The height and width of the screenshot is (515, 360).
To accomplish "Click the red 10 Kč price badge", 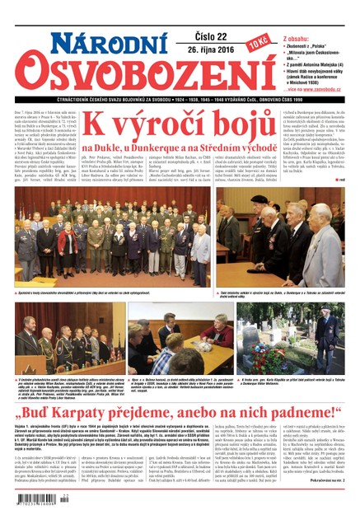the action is point(257,40).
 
